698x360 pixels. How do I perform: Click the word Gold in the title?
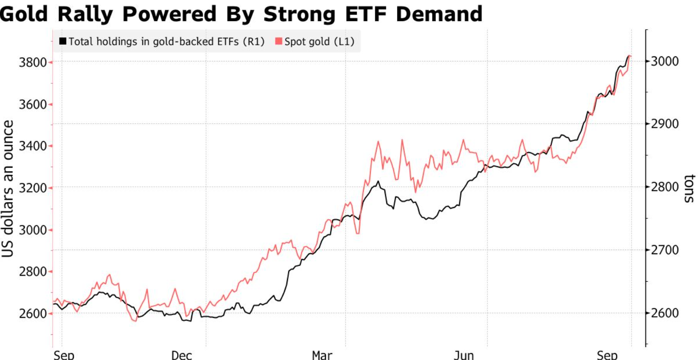(x=24, y=14)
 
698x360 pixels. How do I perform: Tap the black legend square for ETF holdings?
(x=63, y=42)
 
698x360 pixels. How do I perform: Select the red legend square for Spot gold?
(x=278, y=42)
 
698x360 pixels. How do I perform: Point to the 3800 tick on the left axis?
(x=32, y=62)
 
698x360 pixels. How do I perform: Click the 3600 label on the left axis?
(x=32, y=104)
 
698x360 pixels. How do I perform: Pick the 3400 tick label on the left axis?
(x=32, y=146)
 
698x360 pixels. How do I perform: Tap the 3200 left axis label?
(x=32, y=188)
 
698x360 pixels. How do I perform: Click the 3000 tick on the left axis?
(x=32, y=230)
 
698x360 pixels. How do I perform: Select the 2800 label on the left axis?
(x=32, y=272)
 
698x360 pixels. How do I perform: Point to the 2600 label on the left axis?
(x=32, y=314)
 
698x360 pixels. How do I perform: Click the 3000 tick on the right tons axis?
(x=665, y=61)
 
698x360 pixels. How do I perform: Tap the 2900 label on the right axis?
(x=665, y=124)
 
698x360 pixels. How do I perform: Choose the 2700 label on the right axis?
(x=665, y=250)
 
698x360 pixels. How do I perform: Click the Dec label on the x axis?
(x=181, y=355)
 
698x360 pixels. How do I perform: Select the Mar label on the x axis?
(x=322, y=355)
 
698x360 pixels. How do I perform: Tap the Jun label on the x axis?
(x=464, y=355)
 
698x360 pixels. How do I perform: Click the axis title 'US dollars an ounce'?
(x=8, y=189)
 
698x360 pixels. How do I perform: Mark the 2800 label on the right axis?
(x=665, y=187)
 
